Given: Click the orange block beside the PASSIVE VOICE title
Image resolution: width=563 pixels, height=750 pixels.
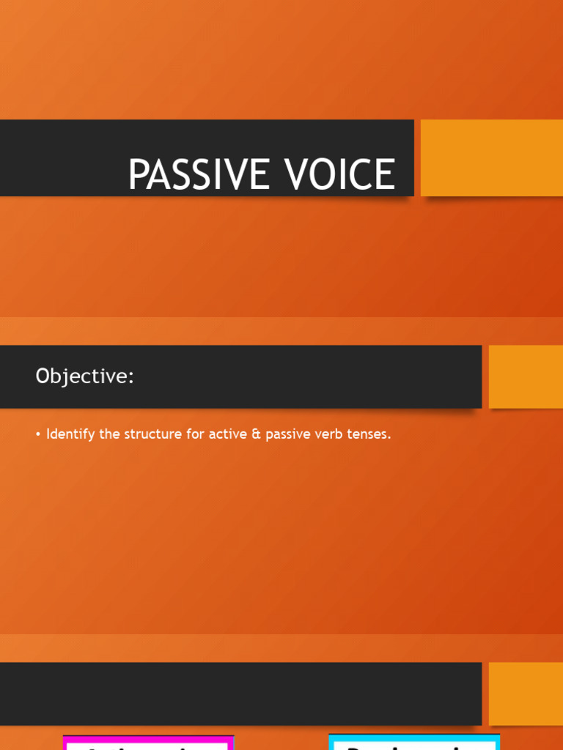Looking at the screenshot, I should pos(491,157).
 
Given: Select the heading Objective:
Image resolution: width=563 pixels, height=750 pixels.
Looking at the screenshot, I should pos(85,376).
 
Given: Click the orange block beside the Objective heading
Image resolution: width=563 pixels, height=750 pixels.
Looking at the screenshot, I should pos(526,376).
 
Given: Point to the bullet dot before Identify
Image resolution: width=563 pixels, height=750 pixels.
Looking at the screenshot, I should pos(38,434).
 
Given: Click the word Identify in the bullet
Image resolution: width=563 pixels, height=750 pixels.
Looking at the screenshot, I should pos(71,434).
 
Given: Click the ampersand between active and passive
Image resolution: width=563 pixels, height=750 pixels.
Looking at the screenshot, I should pos(256,434).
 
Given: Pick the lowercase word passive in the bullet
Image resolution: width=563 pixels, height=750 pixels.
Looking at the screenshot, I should pos(289,434).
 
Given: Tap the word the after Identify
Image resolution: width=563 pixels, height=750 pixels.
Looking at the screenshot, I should pos(108,434).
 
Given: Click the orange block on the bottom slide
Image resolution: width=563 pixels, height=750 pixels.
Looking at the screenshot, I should pos(526,694).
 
